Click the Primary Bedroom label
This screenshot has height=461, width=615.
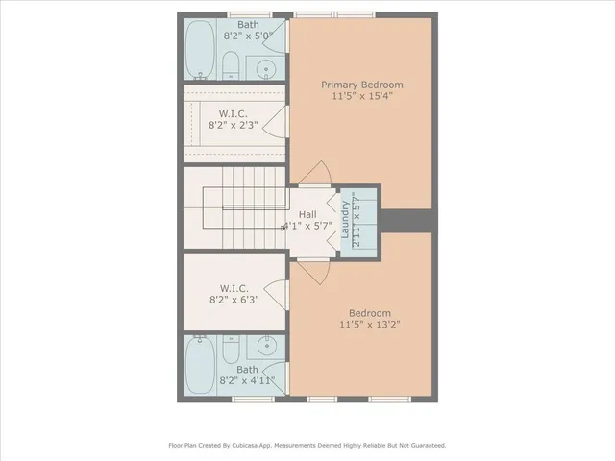tap(361, 85)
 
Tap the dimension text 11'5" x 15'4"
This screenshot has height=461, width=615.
tap(361, 96)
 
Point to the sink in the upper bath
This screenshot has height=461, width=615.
tap(266, 68)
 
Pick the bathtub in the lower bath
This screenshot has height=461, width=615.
tap(200, 366)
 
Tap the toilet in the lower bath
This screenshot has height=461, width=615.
tap(231, 347)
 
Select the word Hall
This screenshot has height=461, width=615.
tap(307, 214)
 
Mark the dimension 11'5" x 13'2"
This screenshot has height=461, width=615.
tap(369, 325)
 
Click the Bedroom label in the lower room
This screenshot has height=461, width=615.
tap(369, 313)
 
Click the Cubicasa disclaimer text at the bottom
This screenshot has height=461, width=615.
tap(307, 445)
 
